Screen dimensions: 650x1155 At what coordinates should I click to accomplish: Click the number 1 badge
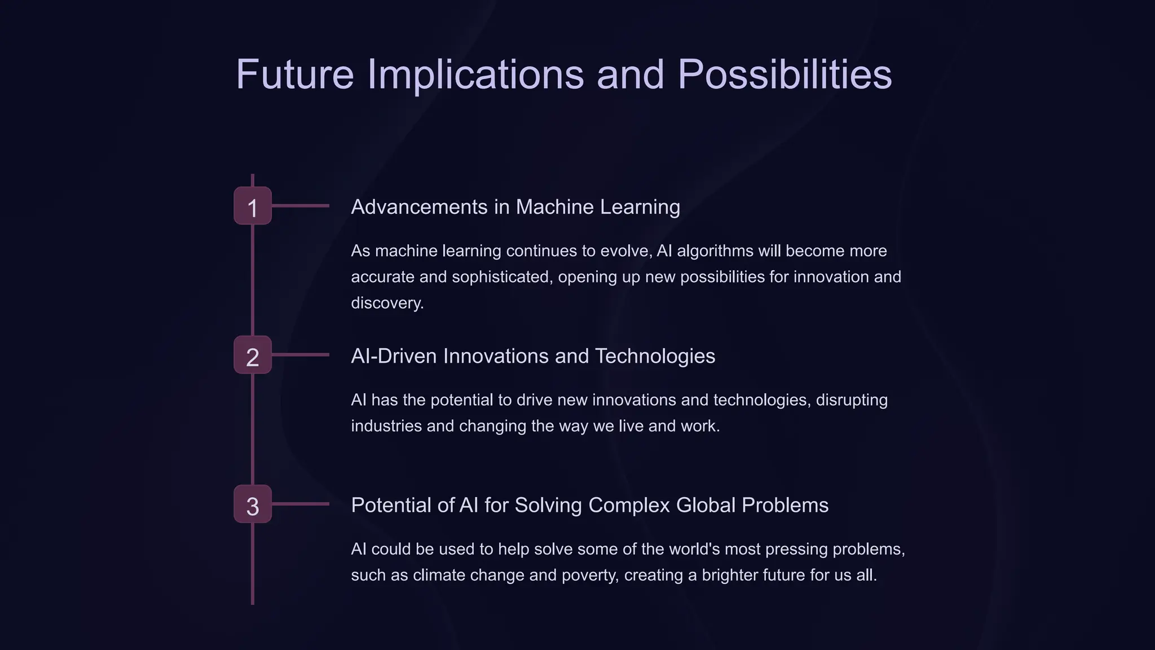(253, 206)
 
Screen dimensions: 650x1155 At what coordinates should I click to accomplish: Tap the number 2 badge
(253, 355)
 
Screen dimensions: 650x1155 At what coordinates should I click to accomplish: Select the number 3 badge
(253, 504)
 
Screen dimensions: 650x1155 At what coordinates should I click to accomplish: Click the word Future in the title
(294, 74)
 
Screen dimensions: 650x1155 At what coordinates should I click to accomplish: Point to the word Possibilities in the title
(784, 74)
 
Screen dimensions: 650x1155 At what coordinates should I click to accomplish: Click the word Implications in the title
(475, 74)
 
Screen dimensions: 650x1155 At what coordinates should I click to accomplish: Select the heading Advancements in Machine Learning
(515, 207)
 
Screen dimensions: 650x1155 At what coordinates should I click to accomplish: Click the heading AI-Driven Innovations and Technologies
(532, 356)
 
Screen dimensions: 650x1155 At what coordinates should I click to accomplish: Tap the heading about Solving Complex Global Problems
(589, 505)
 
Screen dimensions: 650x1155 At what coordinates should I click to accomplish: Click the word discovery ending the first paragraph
(387, 303)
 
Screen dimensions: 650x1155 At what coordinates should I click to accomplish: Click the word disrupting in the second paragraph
(852, 400)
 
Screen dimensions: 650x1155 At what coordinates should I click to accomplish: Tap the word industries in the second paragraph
(386, 426)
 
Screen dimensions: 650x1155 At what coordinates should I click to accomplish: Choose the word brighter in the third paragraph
(729, 575)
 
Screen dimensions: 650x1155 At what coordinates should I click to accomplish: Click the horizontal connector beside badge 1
(300, 206)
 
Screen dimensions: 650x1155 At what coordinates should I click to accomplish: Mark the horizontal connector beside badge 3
(300, 504)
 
